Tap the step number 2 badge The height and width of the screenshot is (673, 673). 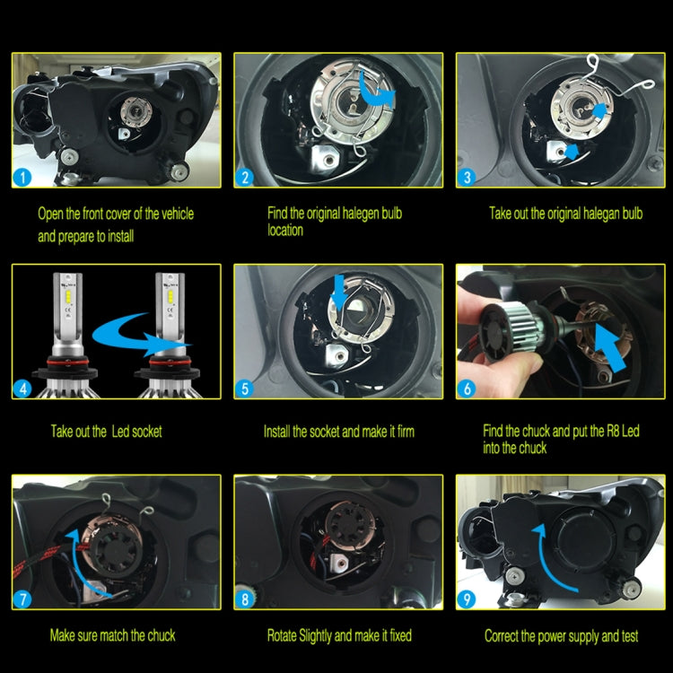[246, 176]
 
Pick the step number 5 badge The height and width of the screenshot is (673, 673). [246, 388]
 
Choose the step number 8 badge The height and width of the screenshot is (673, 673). [246, 599]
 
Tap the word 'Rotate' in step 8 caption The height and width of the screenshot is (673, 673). [285, 636]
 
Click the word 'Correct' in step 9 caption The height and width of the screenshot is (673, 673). [505, 636]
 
